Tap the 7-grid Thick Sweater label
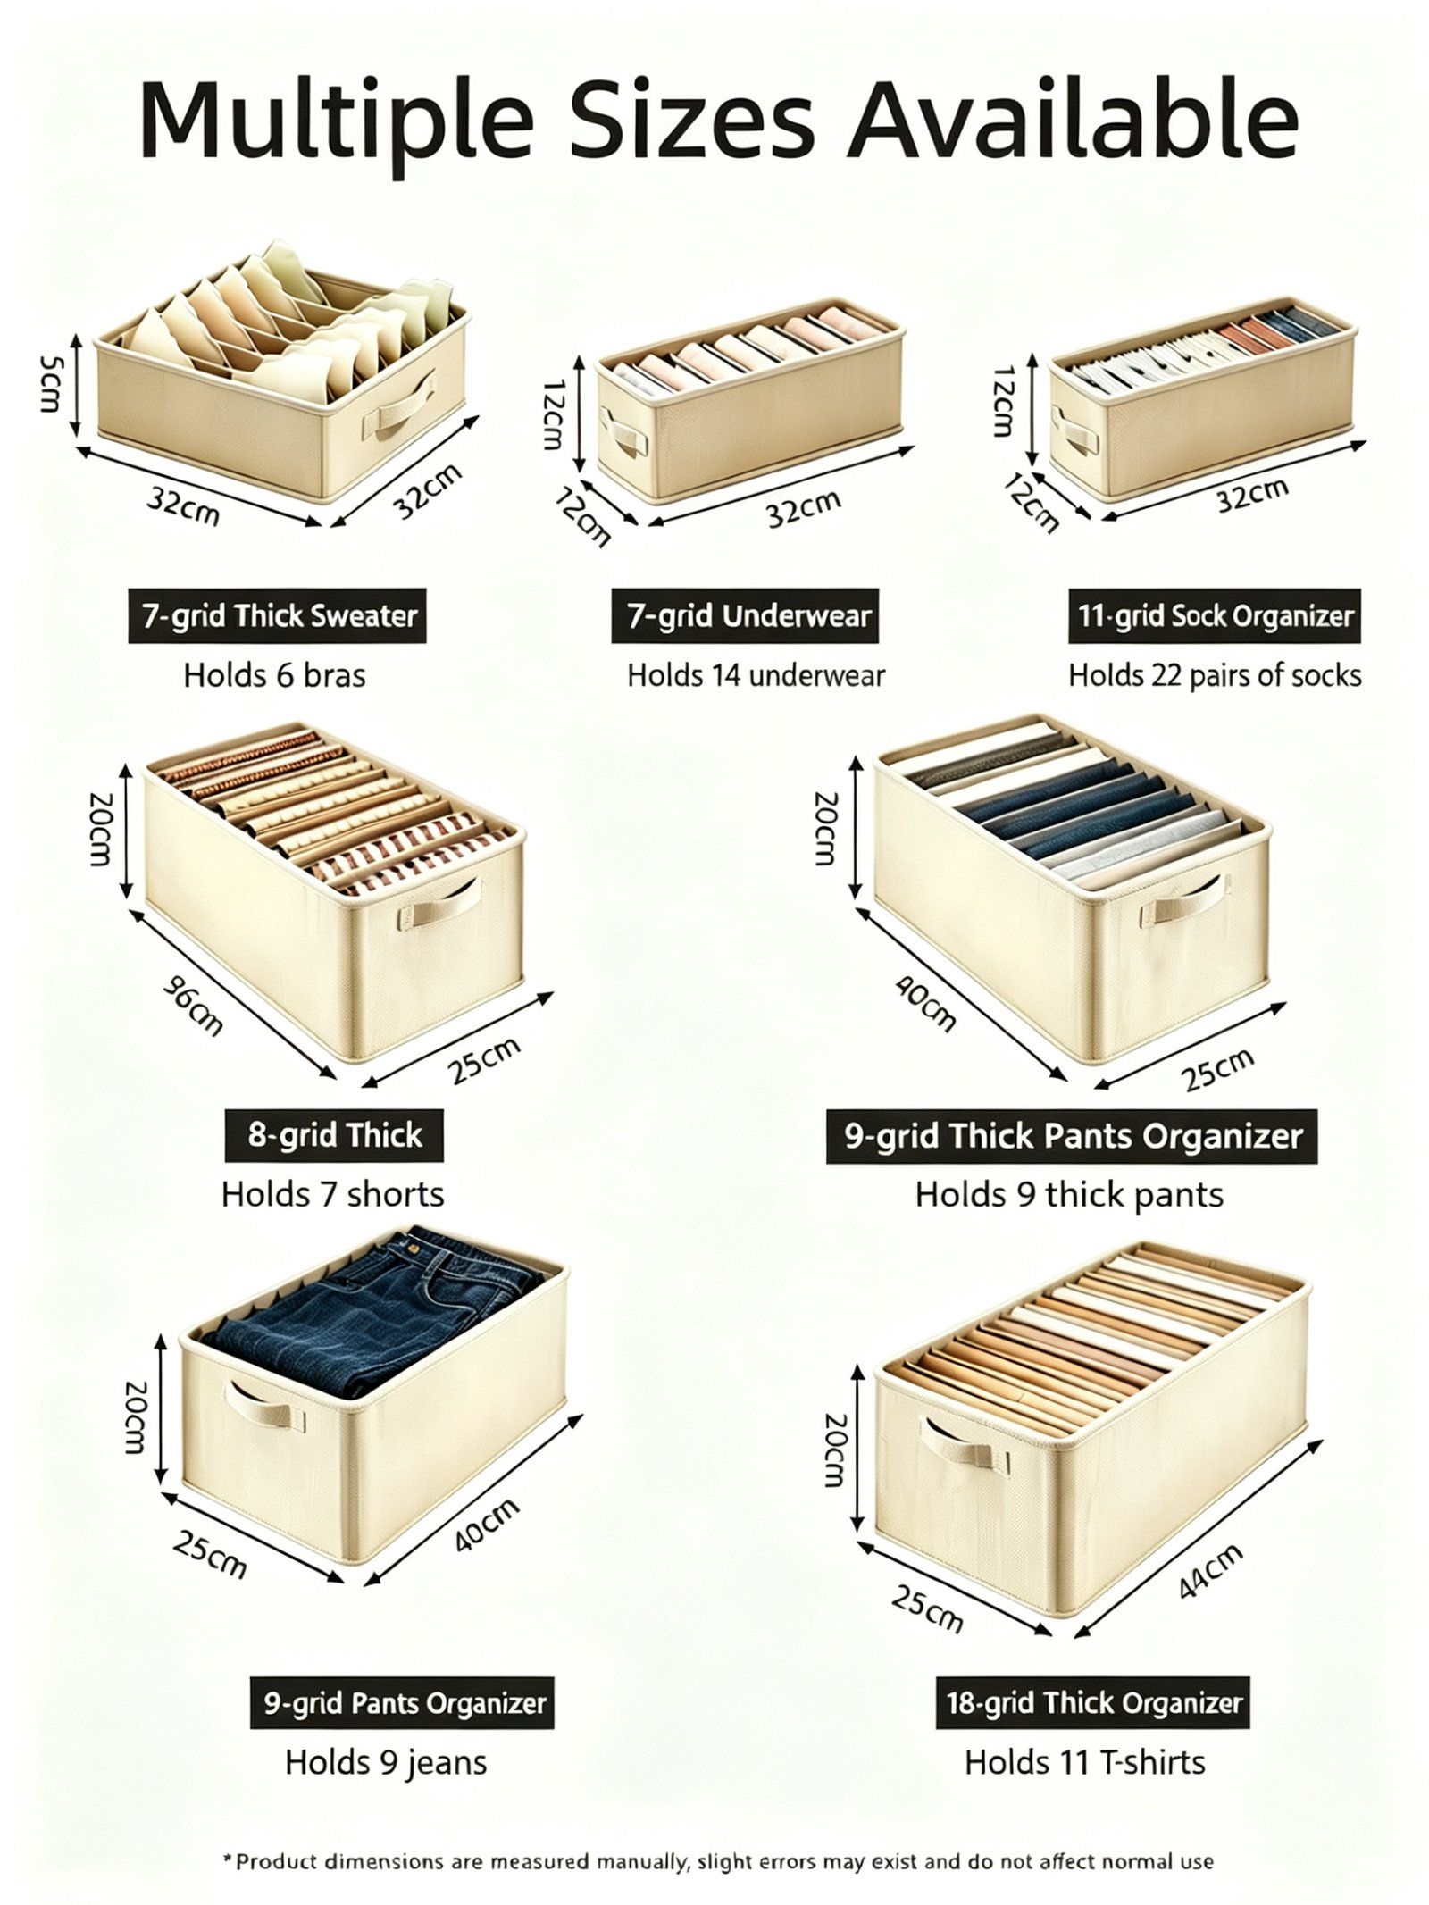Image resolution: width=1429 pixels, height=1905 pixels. click(x=277, y=615)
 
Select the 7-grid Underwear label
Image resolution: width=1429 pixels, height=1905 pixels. click(x=745, y=615)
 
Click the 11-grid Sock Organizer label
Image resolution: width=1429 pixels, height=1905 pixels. click(x=1215, y=615)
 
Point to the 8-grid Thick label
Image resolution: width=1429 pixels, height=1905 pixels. click(x=334, y=1135)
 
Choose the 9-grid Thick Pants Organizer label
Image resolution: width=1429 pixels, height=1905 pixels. click(x=1072, y=1135)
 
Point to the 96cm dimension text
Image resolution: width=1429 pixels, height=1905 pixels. click(x=192, y=1005)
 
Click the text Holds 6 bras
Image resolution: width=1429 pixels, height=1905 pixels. click(x=274, y=675)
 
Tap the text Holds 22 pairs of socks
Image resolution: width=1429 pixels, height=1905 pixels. click(x=1215, y=675)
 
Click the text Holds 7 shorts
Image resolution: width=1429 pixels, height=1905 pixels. click(x=332, y=1194)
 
